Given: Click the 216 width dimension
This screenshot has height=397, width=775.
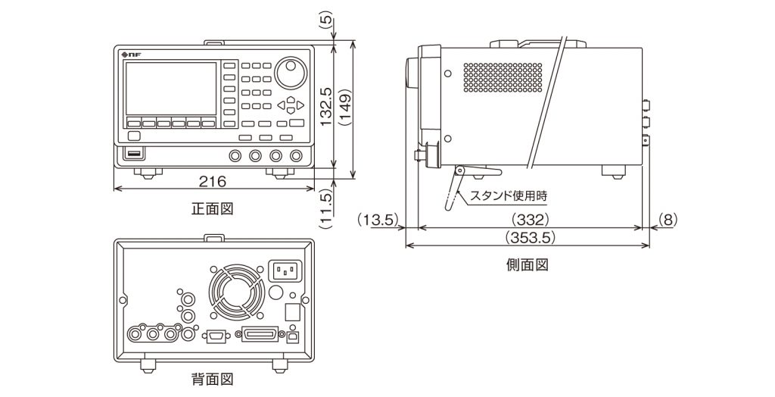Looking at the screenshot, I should [212, 181].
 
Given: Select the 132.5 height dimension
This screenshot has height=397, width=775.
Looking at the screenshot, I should [326, 105].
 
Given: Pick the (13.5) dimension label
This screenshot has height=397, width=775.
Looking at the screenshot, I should [377, 220].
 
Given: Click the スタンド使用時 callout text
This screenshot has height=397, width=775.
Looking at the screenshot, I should [509, 195].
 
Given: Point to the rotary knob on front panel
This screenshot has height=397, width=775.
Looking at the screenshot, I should [291, 73].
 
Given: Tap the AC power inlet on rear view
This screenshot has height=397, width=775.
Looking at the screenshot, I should [285, 271].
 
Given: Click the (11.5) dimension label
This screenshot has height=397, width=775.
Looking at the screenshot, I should [326, 208].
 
